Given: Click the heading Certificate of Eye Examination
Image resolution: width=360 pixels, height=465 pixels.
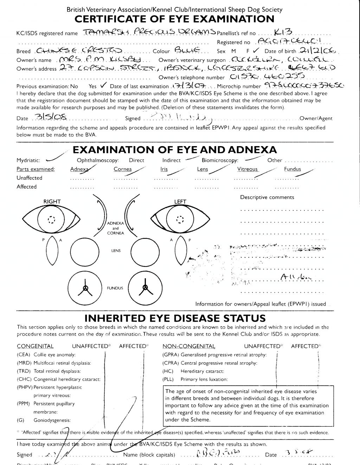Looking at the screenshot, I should pyautogui.click(x=174, y=19).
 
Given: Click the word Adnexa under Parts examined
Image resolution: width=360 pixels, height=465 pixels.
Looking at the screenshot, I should pyautogui.click(x=79, y=169).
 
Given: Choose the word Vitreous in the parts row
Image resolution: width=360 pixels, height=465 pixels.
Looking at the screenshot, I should pyautogui.click(x=247, y=169).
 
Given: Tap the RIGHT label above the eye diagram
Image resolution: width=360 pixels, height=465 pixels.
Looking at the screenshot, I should pyautogui.click(x=52, y=202).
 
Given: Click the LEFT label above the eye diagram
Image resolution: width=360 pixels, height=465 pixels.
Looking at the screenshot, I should pyautogui.click(x=180, y=202).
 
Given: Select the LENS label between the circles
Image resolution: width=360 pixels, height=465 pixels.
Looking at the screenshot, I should pyautogui.click(x=116, y=251).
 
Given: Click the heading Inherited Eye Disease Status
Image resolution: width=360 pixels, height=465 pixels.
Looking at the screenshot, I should pyautogui.click(x=175, y=319).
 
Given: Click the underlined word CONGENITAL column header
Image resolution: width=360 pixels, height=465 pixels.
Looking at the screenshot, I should pyautogui.click(x=35, y=346).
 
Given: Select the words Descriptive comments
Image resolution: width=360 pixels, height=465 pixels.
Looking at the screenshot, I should pyautogui.click(x=267, y=197).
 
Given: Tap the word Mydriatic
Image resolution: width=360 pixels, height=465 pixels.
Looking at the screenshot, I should pyautogui.click(x=28, y=161).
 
